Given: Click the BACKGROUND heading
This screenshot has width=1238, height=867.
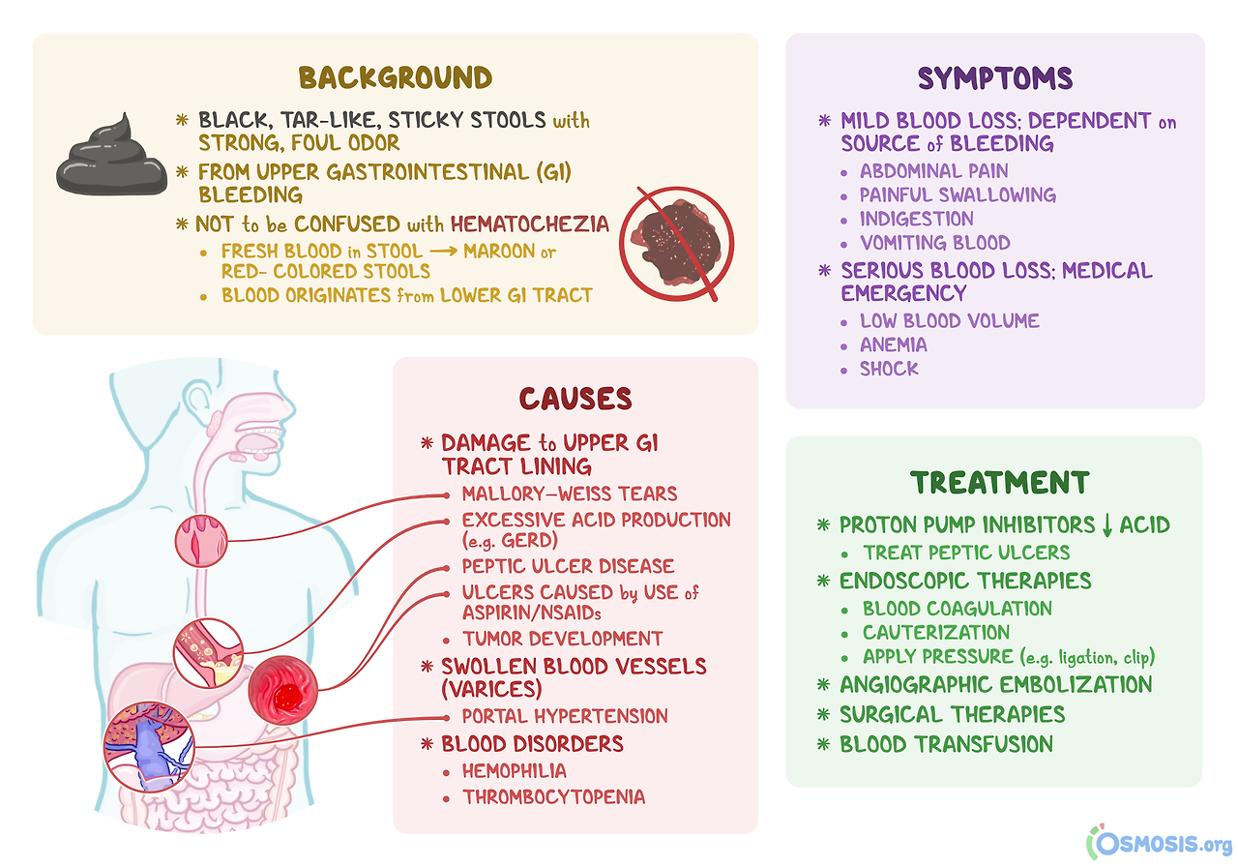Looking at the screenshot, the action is (396, 77).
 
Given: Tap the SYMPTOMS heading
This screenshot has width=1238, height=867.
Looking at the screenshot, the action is (995, 78).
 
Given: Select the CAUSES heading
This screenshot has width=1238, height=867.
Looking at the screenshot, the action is (575, 399).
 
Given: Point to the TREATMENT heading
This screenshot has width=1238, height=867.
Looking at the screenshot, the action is (1000, 483).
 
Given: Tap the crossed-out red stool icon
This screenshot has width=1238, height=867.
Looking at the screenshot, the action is (676, 244).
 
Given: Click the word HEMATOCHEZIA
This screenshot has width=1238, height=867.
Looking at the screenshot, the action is (529, 224).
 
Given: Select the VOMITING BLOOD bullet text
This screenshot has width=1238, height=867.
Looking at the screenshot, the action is (934, 243).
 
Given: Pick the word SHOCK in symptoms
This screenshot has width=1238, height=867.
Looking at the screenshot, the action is (889, 369).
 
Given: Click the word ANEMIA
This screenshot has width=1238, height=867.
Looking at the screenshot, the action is (893, 345).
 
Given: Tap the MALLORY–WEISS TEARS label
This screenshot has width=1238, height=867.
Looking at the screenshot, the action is (570, 493).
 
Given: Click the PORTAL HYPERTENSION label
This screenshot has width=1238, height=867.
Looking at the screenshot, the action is (565, 716).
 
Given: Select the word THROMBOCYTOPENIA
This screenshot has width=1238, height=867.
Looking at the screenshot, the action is (554, 796).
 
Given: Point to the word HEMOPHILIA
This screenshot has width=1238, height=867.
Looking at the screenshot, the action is (514, 771).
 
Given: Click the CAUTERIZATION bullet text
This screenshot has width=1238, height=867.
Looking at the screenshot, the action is (935, 632).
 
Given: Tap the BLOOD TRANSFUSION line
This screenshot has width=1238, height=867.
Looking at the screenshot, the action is (946, 744).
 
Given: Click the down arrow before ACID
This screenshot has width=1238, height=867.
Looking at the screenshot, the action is (1106, 525).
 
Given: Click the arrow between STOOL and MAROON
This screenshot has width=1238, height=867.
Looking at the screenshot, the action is (443, 252).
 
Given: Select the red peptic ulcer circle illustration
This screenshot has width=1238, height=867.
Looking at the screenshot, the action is (283, 690).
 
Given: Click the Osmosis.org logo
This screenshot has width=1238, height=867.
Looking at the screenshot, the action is (1159, 843).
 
